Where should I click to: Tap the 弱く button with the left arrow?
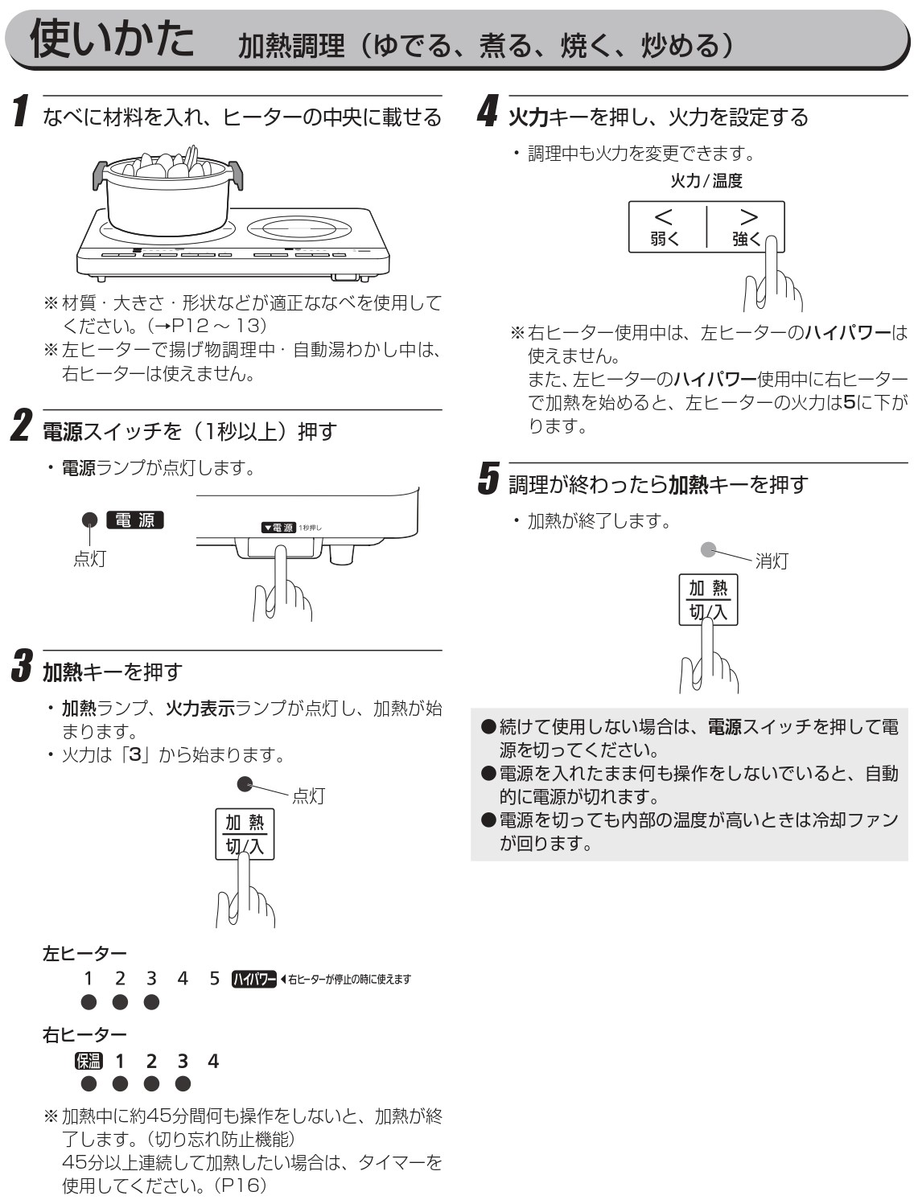[665, 226]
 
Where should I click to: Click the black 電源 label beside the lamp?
[135, 520]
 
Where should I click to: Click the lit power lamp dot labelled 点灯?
[90, 521]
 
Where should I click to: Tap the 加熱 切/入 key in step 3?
[245, 834]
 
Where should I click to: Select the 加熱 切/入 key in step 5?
[708, 600]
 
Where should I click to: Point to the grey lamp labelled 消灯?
[708, 550]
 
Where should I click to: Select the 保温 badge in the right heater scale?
[89, 1061]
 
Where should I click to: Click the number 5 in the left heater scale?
[214, 979]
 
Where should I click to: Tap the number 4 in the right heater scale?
[213, 1061]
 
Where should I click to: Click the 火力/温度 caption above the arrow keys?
[706, 181]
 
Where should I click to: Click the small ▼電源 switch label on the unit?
[278, 528]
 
